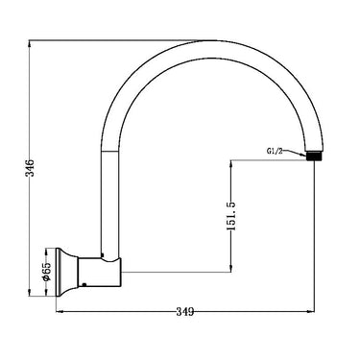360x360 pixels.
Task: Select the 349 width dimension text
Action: point(187,312)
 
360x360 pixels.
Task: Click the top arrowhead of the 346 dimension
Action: point(31,44)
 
